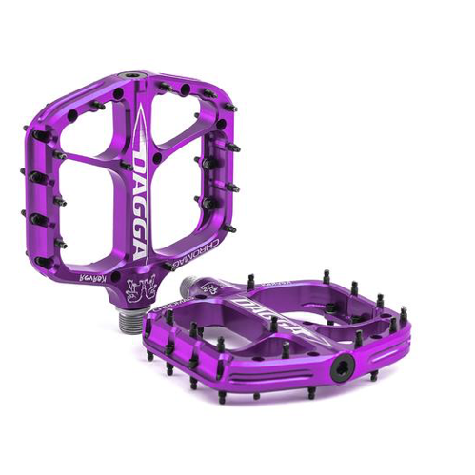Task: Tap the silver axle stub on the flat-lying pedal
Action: [196, 284]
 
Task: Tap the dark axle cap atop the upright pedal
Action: [130, 73]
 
